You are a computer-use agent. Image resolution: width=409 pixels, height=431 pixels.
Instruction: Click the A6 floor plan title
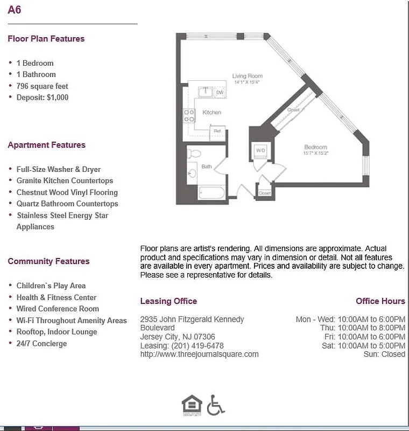(x=15, y=10)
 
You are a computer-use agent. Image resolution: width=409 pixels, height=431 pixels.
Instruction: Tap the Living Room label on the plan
(x=247, y=76)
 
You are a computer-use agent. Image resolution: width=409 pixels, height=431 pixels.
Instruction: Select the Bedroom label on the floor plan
(x=315, y=147)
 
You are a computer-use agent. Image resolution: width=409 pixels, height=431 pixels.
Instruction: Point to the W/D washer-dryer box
(x=260, y=150)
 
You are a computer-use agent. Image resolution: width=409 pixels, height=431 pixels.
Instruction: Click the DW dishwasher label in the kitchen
(x=220, y=93)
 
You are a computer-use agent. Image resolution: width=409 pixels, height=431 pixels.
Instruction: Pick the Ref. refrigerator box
(x=217, y=131)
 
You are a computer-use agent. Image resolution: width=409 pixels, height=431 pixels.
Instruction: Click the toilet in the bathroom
(x=194, y=154)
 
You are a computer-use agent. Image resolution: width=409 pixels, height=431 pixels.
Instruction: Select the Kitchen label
(x=211, y=112)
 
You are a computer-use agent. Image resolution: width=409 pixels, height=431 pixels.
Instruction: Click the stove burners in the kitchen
(x=189, y=115)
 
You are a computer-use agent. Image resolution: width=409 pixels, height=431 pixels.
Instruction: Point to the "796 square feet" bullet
(x=42, y=86)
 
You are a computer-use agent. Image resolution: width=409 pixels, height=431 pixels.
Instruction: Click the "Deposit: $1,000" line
(x=42, y=98)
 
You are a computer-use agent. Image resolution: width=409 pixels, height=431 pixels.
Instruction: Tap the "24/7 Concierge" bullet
(x=41, y=343)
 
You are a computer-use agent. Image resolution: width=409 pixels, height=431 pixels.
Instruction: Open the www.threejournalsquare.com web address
(x=199, y=354)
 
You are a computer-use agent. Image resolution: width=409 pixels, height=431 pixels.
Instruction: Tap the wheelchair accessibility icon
(x=216, y=405)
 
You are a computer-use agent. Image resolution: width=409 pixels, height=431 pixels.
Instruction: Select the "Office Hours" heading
(x=380, y=301)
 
